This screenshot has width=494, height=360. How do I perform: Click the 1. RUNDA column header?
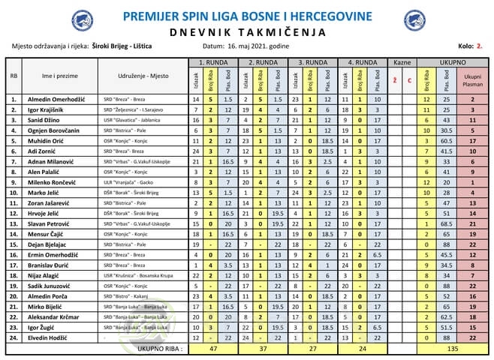tap(214, 61)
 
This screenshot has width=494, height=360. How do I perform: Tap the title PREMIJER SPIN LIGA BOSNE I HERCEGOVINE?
tap(247, 16)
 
